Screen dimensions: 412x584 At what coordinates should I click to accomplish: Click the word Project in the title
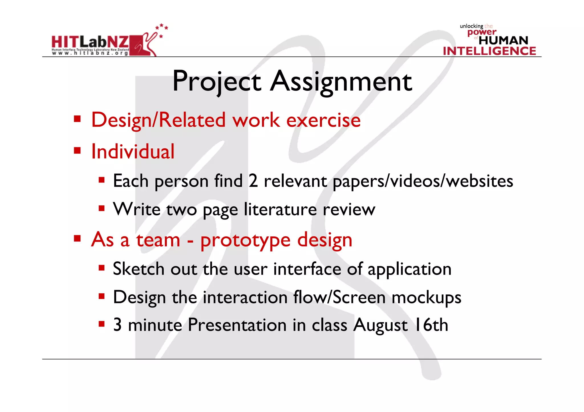(x=217, y=82)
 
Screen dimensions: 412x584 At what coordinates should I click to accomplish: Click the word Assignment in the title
(x=341, y=82)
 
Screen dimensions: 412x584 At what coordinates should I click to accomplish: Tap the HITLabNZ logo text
(x=90, y=43)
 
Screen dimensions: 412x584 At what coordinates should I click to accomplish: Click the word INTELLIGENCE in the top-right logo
(x=489, y=51)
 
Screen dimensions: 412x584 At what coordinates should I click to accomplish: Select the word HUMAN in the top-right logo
(x=503, y=40)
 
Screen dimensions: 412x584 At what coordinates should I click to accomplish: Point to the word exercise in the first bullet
(x=323, y=120)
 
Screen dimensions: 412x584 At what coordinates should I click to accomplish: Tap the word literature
(x=280, y=210)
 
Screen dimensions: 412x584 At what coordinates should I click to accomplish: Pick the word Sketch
(x=139, y=269)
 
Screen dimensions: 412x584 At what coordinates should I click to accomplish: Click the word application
(x=409, y=269)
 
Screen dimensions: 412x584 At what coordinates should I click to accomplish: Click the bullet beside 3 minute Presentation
(x=102, y=324)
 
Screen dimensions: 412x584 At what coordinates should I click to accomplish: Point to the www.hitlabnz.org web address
(x=90, y=53)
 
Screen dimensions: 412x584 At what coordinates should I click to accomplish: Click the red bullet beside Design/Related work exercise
(x=77, y=118)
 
